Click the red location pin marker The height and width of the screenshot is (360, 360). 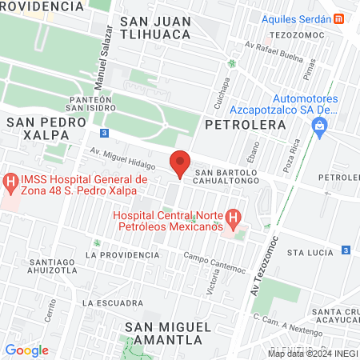[180, 162]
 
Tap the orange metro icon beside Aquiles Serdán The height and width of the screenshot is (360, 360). [340, 18]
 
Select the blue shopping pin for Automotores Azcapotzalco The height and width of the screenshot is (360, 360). [320, 126]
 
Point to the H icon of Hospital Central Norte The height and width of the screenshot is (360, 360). [232, 217]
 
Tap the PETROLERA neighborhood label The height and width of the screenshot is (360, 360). [246, 125]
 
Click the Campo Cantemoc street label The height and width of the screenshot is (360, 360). [214, 261]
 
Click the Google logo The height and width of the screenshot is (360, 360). [26, 350]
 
